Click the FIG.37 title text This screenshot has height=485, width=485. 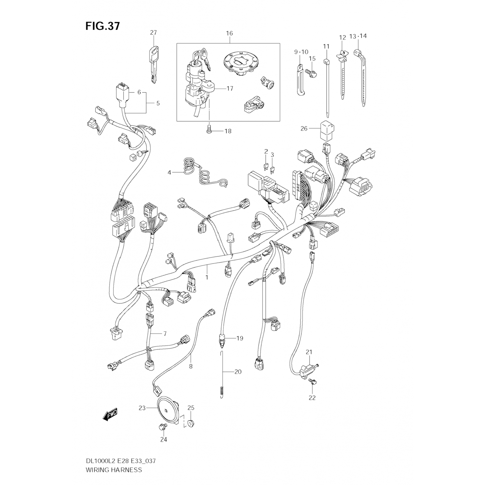point(102,26)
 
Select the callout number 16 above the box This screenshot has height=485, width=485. point(229,33)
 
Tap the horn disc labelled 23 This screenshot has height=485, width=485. point(167,410)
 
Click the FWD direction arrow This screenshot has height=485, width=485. point(110,415)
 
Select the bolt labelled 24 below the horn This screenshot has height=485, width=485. point(161,427)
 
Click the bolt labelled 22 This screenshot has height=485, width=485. point(313,382)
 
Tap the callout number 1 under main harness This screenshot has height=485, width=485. point(207,277)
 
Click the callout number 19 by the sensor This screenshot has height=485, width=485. point(239,338)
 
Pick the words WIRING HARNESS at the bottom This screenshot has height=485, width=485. point(113,469)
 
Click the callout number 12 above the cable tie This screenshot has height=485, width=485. point(342,37)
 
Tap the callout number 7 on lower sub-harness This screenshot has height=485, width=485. point(165,333)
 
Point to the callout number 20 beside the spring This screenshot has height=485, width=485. point(238,372)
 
